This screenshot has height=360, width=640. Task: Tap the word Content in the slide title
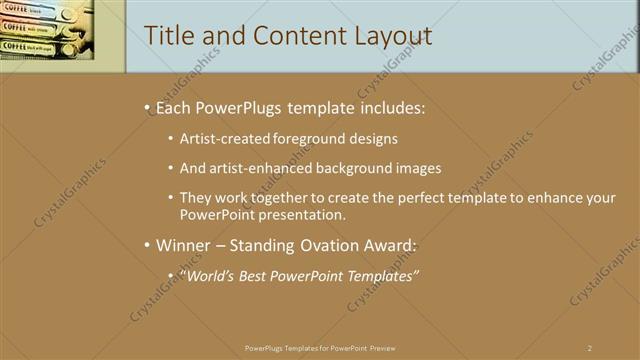pyautogui.click(x=289, y=36)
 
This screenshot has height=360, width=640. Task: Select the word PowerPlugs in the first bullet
pyautogui.click(x=246, y=106)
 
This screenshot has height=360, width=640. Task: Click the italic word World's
pyautogui.click(x=207, y=277)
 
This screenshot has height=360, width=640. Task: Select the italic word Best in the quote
pyautogui.click(x=256, y=277)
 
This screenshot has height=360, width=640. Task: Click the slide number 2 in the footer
pyautogui.click(x=590, y=348)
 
